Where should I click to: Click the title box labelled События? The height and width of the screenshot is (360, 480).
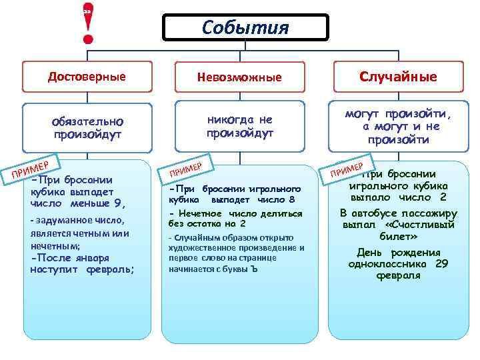pyautogui.click(x=246, y=28)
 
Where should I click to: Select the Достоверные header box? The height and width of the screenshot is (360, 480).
pyautogui.click(x=87, y=76)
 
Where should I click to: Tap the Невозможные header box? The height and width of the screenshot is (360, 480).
pyautogui.click(x=239, y=77)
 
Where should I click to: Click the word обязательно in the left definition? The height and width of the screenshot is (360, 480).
pyautogui.click(x=87, y=122)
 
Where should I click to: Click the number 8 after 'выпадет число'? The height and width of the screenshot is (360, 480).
pyautogui.click(x=291, y=199)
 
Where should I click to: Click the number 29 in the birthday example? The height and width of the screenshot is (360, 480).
pyautogui.click(x=440, y=263)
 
